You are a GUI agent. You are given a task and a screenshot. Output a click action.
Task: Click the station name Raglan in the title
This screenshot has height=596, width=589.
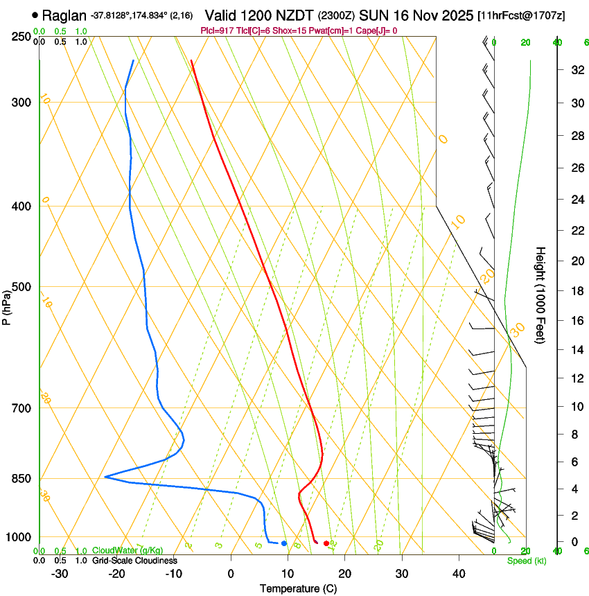[x=64, y=15]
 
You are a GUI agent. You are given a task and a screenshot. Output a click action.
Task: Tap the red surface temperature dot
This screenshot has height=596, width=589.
[x=326, y=543]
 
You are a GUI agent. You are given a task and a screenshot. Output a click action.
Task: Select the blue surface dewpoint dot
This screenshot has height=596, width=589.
[x=284, y=543]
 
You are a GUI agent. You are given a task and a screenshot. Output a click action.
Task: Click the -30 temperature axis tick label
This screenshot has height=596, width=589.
[x=60, y=573]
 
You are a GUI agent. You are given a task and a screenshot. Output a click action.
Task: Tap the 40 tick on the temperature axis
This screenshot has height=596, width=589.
[x=458, y=573]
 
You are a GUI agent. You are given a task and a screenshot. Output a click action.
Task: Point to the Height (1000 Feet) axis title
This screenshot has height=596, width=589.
[x=541, y=295]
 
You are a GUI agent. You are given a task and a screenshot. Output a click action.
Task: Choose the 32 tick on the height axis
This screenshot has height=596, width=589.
[x=575, y=70]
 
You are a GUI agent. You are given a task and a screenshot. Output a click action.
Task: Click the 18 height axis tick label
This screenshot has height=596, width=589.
[x=575, y=291]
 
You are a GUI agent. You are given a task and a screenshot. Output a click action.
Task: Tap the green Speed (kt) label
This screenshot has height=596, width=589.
[x=526, y=561]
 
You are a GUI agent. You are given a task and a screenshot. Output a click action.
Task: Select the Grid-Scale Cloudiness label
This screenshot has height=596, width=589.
[x=134, y=560]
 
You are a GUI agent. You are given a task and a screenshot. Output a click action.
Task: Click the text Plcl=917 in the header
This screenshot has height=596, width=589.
[x=217, y=30]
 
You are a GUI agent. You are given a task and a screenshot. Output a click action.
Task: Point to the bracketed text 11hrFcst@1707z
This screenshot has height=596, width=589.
[x=521, y=15]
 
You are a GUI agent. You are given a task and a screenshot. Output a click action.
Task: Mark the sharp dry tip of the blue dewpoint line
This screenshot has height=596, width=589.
[x=105, y=477]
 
